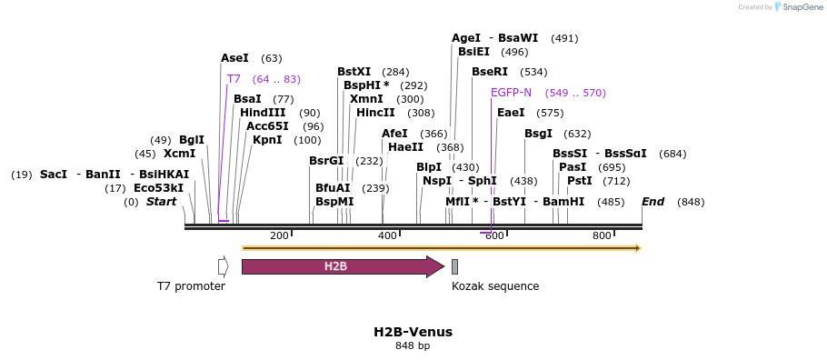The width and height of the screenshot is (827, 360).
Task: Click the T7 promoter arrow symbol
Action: click(x=223, y=266)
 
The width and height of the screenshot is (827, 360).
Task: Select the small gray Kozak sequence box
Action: click(x=454, y=266)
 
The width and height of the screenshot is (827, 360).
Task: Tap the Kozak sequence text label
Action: click(x=495, y=286)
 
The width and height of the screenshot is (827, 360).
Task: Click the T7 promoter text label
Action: click(x=191, y=286)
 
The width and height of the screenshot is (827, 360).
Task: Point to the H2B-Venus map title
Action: click(x=413, y=332)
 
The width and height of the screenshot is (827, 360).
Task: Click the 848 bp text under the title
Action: click(x=413, y=346)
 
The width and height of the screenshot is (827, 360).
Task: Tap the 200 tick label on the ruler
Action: click(x=279, y=236)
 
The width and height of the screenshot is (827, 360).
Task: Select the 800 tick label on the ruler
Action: click(x=602, y=236)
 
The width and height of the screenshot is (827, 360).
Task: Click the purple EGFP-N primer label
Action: click(x=511, y=93)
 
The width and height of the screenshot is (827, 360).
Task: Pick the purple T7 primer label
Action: click(x=234, y=79)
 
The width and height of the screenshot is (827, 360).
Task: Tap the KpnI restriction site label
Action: click(x=267, y=140)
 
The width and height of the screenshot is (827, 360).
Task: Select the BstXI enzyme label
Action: click(x=354, y=72)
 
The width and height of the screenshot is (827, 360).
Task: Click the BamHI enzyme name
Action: click(x=563, y=202)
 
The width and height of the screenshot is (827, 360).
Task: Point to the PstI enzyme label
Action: click(x=579, y=181)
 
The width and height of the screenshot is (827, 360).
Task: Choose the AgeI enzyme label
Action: click(x=465, y=38)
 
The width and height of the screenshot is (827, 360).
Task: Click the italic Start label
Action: click(x=161, y=202)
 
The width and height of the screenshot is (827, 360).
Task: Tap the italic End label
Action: click(x=653, y=202)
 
